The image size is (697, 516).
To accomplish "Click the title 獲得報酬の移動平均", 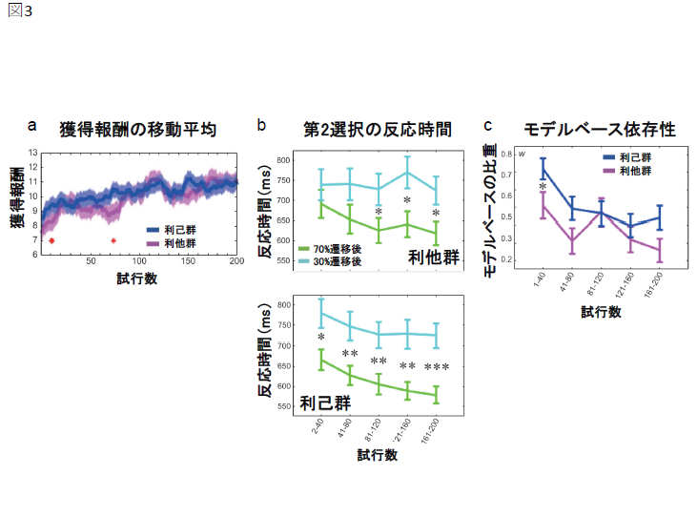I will (x=138, y=128).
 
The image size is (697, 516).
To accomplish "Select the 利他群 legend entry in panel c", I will (x=636, y=170).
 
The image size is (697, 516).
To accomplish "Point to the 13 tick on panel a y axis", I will (x=32, y=153).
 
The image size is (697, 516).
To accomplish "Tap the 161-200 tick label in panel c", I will (x=654, y=282).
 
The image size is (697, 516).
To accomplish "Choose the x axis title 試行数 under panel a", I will (x=138, y=279).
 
